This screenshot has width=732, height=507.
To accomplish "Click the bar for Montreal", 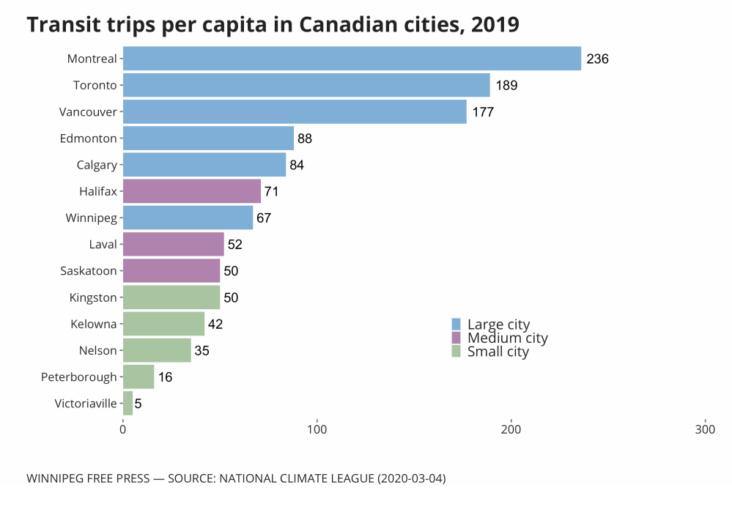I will click(x=352, y=59).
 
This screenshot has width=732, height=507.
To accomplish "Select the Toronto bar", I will click(x=306, y=85).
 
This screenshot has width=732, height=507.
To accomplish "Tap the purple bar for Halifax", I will click(x=191, y=191).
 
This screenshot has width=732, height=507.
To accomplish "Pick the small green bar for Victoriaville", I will click(x=127, y=403).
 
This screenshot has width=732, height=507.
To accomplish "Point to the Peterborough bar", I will click(x=138, y=377).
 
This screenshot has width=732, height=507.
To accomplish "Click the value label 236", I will click(x=598, y=59).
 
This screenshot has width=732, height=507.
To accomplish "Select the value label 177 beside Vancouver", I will click(x=483, y=112).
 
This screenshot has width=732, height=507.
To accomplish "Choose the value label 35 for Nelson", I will click(x=202, y=351).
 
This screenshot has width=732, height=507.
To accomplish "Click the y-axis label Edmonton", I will click(x=88, y=138).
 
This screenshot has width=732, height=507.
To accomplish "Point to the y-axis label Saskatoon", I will click(x=89, y=271).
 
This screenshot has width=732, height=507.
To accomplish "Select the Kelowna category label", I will click(x=94, y=324).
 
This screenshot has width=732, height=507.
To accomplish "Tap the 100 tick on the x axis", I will click(x=317, y=428).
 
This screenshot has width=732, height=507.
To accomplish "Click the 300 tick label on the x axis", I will click(x=705, y=428).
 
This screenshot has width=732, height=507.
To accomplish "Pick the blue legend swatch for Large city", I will click(x=456, y=325).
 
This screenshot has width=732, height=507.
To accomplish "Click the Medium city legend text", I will click(x=507, y=338).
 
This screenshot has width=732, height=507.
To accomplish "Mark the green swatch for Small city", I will click(x=456, y=352).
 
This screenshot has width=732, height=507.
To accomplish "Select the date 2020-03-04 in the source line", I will click(x=411, y=478).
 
